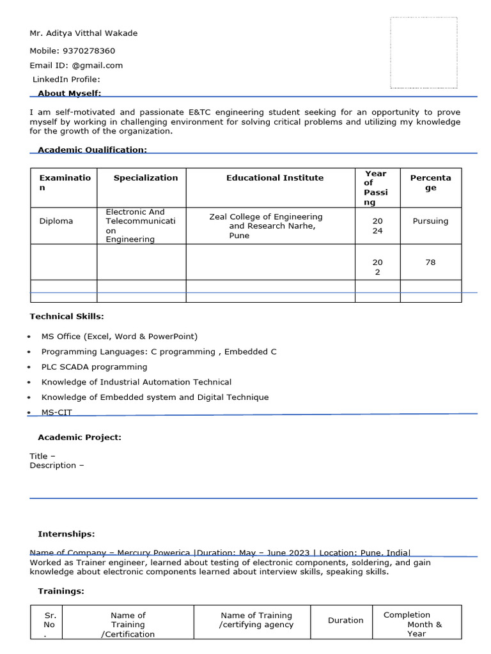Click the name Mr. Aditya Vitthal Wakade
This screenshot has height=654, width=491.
[83, 33]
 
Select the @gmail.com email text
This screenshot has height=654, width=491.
[97, 65]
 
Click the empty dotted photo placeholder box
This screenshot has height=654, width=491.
[423, 52]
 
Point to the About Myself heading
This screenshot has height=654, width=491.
[69, 93]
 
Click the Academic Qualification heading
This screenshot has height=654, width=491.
[92, 149]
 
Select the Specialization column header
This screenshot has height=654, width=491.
[146, 178]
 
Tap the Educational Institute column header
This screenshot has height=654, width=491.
[275, 178]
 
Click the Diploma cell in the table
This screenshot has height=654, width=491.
[56, 221]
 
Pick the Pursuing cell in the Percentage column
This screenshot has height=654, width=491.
[430, 221]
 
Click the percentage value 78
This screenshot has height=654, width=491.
[430, 262]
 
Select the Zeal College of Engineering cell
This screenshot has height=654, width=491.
[266, 226]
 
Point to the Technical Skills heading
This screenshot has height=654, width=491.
[66, 316]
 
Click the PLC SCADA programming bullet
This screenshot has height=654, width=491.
[94, 367]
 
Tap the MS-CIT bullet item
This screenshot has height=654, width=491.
[56, 413]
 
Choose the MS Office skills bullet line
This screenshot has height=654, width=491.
[120, 336]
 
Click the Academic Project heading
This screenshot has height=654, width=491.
[79, 437]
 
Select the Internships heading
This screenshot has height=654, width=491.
[66, 534]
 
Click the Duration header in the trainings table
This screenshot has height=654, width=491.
[345, 620]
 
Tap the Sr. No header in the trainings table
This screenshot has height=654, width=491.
[49, 625]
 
